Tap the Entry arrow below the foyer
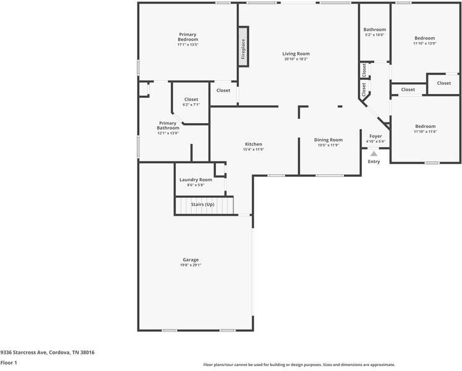[x=374, y=153]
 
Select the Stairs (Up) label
[x=202, y=204]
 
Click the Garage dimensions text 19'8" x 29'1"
[x=190, y=265]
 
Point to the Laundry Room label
[x=195, y=180]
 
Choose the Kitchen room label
[x=254, y=143]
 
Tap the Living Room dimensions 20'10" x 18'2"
[x=297, y=59]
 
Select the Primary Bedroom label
[x=188, y=36]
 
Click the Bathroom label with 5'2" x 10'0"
[x=374, y=30]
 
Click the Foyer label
[x=375, y=136]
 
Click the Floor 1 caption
[x=9, y=363]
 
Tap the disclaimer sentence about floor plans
[x=299, y=365]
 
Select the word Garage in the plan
[x=190, y=260]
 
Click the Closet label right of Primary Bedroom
[x=223, y=90]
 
